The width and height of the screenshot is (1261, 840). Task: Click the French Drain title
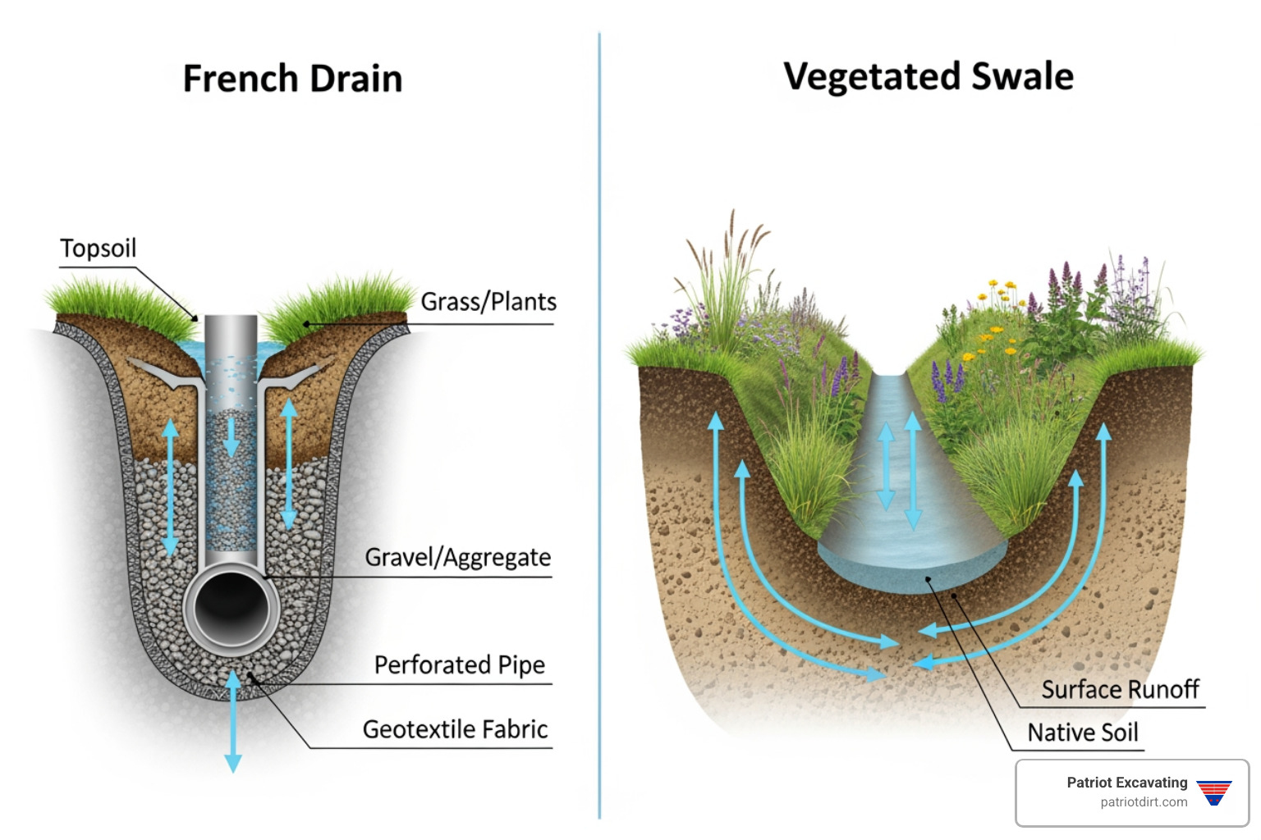(292, 80)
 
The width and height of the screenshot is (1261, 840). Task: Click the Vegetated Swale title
(928, 77)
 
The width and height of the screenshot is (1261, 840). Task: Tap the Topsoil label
(98, 249)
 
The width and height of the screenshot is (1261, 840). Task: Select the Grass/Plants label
(488, 302)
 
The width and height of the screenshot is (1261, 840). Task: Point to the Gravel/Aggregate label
(457, 558)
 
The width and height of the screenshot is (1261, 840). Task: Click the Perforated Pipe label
(459, 664)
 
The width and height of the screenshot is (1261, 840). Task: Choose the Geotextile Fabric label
(455, 729)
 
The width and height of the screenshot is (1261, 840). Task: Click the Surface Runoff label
(1120, 690)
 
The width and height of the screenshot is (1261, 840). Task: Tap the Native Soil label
(1083, 733)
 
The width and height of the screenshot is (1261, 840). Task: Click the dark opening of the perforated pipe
(232, 608)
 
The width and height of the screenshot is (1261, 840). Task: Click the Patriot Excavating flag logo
(1213, 792)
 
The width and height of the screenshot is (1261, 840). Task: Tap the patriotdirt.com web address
(1144, 802)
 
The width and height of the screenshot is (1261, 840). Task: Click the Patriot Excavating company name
(1126, 783)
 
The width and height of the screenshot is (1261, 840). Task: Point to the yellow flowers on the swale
(995, 328)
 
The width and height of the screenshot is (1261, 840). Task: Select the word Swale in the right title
(1022, 77)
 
